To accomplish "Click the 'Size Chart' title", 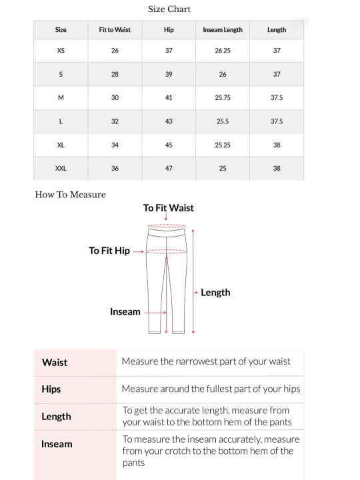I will tap(169, 9).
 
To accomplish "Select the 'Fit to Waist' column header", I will tap(115, 30).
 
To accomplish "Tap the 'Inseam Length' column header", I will tap(223, 30).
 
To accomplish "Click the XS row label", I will tap(61, 51).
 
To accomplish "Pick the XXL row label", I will tap(61, 169).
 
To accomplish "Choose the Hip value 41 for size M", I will tap(169, 98).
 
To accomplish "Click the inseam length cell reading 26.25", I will tap(223, 51).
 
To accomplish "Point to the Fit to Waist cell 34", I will tap(115, 145).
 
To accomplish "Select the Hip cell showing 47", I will tap(169, 169).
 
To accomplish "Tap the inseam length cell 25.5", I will tap(223, 121).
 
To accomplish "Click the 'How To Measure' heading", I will tap(70, 195).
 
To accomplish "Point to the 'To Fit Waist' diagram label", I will tap(168, 208).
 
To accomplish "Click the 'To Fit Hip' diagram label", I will tap(109, 251).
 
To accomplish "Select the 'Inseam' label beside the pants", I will tap(125, 311).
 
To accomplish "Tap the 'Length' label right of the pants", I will tap(215, 292).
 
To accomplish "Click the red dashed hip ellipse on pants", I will tap(166, 251).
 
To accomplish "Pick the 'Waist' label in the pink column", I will tap(55, 363).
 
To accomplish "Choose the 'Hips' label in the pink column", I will tap(51, 389).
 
